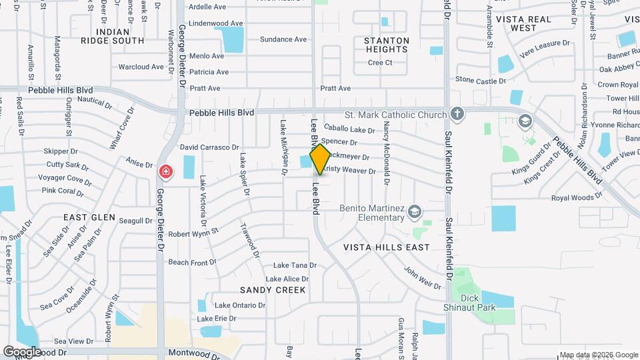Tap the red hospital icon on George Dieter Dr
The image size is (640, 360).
click(x=165, y=173)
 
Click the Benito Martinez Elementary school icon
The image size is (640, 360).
click(x=415, y=211)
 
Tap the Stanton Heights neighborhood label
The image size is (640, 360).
click(x=387, y=45)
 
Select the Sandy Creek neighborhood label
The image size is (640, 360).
click(x=273, y=290)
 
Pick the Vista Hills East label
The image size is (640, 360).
click(x=387, y=247)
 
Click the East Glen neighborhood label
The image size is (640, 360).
click(x=89, y=218)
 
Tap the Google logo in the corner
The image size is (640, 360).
click(x=23, y=351)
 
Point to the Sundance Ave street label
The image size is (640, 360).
click(x=283, y=39)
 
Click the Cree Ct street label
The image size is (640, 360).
click(x=380, y=63)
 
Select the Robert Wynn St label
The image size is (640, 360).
click(x=193, y=233)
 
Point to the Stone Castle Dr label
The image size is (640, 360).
click(x=481, y=81)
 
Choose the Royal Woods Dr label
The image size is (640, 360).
click(x=576, y=197)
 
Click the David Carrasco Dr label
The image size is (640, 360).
click(x=209, y=147)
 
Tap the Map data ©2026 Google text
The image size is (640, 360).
click(x=598, y=355)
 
